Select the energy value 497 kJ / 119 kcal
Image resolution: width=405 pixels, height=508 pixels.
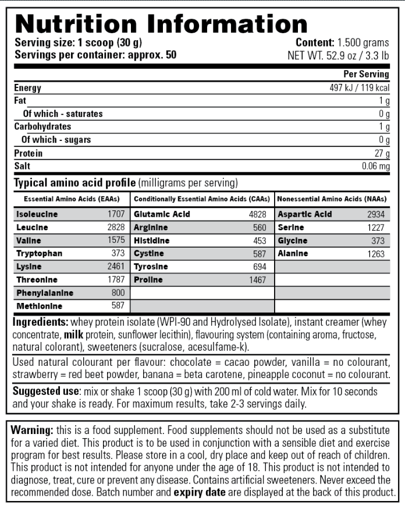[x=358, y=88]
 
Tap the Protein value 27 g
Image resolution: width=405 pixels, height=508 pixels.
[x=382, y=153]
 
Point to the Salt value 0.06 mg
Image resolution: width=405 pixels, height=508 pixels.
[x=375, y=166]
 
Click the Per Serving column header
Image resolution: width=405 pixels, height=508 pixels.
[x=366, y=74]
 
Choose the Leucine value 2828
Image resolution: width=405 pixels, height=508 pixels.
[x=116, y=227]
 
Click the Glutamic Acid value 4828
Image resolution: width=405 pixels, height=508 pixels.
[x=257, y=214]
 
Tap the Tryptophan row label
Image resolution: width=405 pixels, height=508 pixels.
[x=39, y=253]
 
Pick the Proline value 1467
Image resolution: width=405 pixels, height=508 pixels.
[x=257, y=280]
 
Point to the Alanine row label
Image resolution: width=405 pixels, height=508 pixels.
[x=292, y=253]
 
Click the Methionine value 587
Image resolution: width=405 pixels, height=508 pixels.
[x=119, y=306]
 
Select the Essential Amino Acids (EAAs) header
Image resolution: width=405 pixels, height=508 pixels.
[x=68, y=199]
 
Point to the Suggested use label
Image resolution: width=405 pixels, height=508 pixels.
[x=46, y=391]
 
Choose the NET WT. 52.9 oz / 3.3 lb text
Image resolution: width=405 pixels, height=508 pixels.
[x=338, y=55]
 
